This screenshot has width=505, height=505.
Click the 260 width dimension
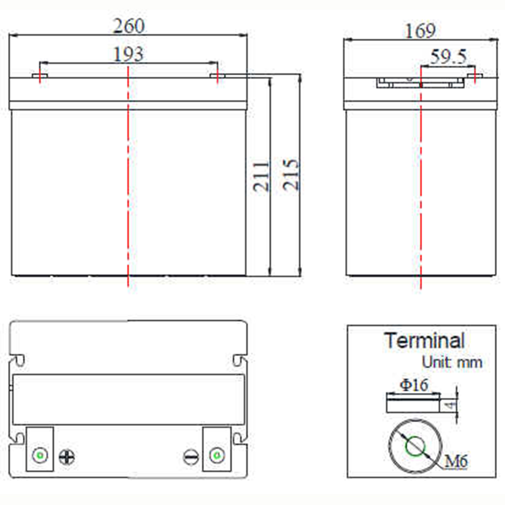pyautogui.click(x=129, y=26)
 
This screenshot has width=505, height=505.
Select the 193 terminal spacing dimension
pyautogui.click(x=128, y=54)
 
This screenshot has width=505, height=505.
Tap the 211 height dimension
pyautogui.click(x=261, y=176)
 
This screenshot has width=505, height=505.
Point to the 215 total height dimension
pyautogui.click(x=290, y=174)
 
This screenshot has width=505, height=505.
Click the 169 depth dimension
pyautogui.click(x=420, y=31)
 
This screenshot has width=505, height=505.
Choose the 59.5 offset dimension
pyautogui.click(x=448, y=57)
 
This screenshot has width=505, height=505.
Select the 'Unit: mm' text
pyautogui.click(x=452, y=362)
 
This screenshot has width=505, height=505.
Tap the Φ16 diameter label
pyautogui.click(x=414, y=385)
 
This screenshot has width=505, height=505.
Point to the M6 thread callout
pyautogui.click(x=456, y=462)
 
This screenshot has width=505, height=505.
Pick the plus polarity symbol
pyautogui.click(x=67, y=458)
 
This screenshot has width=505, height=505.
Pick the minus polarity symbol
pyautogui.click(x=191, y=457)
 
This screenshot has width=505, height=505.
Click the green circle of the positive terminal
pyautogui.click(x=40, y=456)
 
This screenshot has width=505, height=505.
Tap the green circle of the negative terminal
pyautogui.click(x=217, y=456)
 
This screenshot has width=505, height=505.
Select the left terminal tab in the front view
pyautogui.click(x=39, y=76)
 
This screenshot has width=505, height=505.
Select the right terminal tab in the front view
pyautogui.click(x=218, y=76)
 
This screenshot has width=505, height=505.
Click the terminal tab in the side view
pyautogui.click(x=475, y=76)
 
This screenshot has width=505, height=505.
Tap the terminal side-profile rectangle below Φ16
pyautogui.click(x=413, y=406)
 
